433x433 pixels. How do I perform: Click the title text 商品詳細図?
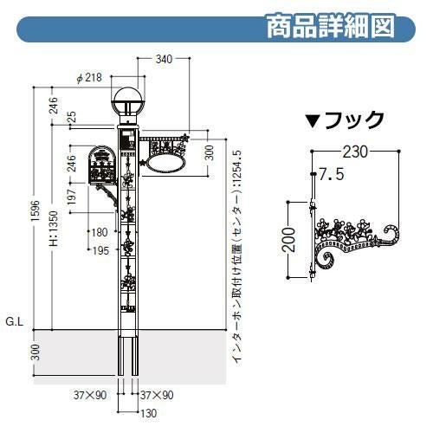coord(331,26)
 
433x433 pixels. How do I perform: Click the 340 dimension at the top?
coord(164,59)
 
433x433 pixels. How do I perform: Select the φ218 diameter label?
coord(89,77)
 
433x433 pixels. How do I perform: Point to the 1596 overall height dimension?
coord(36,210)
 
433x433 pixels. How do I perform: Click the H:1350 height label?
coord(54,229)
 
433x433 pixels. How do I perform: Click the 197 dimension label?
coord(71,197)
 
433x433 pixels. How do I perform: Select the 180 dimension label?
coord(100,232)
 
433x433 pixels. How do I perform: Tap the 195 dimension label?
coord(100,250)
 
